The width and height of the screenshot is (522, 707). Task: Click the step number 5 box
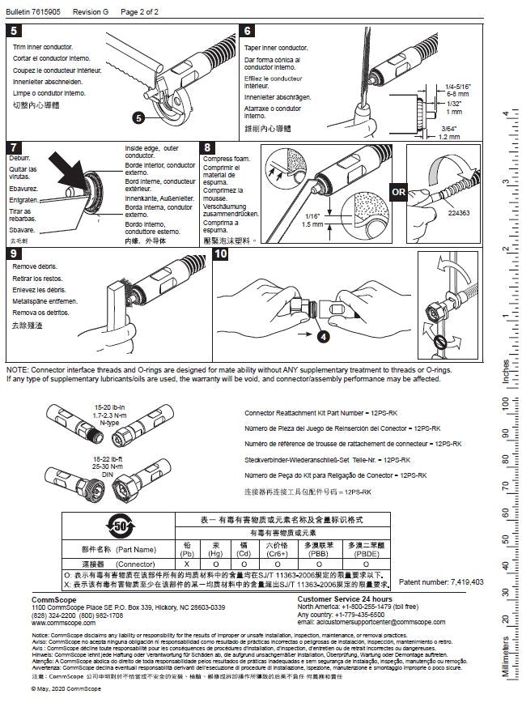coord(14,32)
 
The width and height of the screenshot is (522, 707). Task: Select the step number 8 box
coord(208,147)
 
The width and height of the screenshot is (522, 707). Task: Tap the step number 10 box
coord(220,253)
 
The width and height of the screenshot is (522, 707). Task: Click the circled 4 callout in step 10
coord(323,334)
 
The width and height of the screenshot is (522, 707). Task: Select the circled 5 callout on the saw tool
coord(138,118)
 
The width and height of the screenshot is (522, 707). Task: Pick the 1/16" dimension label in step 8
coord(313,215)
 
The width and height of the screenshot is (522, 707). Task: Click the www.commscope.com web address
coord(58,623)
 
